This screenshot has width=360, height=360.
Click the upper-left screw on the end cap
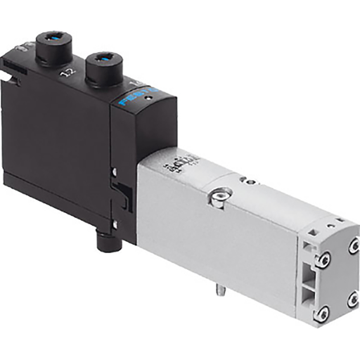(x=323, y=261)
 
